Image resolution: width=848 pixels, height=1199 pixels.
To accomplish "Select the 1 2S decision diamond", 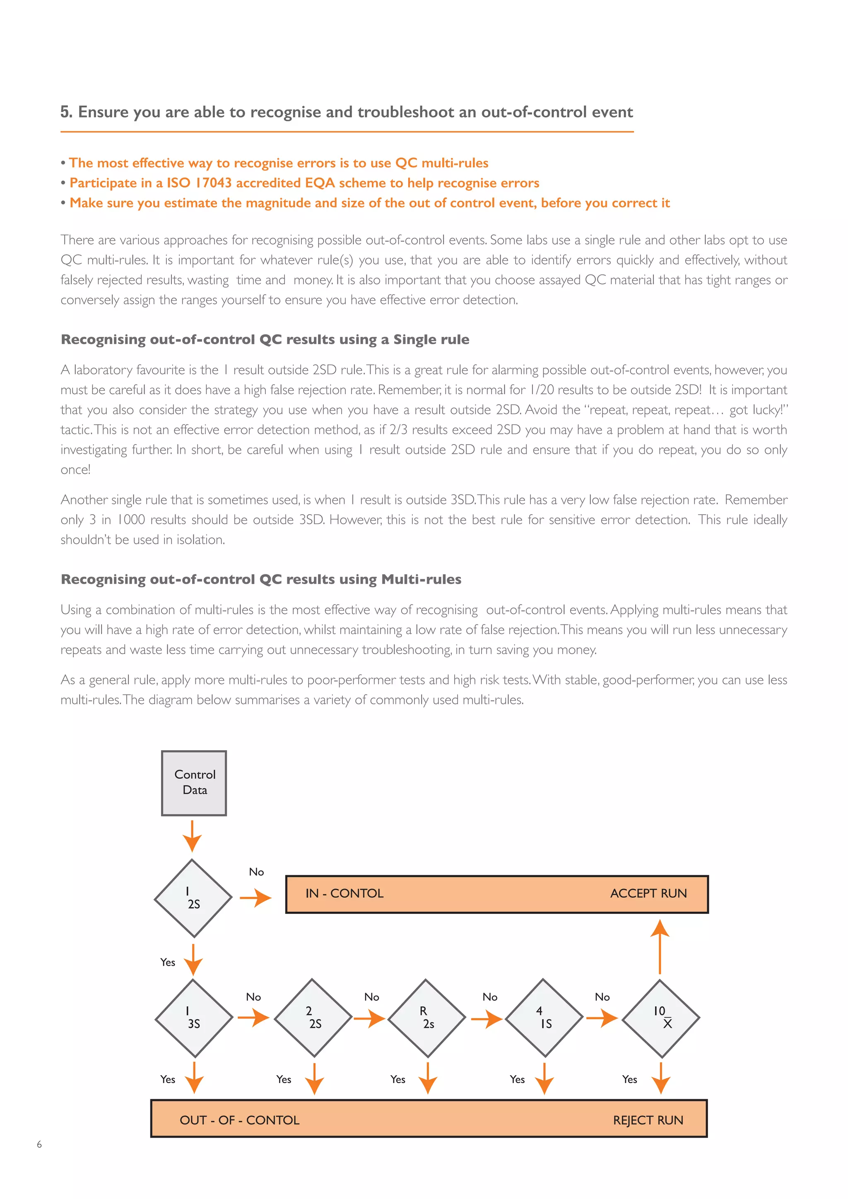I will (193, 898).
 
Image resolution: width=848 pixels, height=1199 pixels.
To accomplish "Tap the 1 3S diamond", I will (194, 1017).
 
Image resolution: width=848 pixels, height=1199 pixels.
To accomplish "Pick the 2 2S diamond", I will (312, 1017).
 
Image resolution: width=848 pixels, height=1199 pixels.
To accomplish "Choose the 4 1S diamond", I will (544, 1017).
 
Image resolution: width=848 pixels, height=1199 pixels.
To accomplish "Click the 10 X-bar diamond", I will (660, 1017).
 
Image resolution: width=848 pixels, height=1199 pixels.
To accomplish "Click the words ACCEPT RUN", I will (648, 893).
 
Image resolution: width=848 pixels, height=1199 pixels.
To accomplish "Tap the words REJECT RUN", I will (648, 1120).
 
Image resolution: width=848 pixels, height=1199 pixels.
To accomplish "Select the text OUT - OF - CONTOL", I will (239, 1120).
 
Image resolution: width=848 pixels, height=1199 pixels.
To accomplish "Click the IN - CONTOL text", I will (344, 893).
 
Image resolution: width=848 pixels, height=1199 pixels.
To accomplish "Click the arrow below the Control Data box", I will (192, 835).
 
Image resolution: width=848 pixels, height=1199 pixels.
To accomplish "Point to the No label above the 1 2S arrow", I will (256, 872).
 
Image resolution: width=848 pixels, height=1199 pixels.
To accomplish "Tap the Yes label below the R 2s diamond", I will (397, 1079).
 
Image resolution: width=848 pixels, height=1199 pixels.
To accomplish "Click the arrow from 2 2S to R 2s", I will (369, 1018).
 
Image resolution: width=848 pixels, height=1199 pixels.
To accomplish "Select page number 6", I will (39, 1144).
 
